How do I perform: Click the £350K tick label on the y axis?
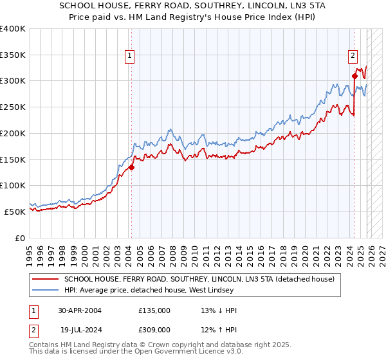click(13, 55)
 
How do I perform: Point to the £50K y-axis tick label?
click(15, 212)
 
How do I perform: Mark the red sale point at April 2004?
click(131, 167)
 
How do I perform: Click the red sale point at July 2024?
click(354, 76)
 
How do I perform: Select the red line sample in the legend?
click(46, 280)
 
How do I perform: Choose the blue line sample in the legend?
click(46, 291)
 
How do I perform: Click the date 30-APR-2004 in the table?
click(80, 310)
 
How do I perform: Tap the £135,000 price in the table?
click(154, 310)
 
